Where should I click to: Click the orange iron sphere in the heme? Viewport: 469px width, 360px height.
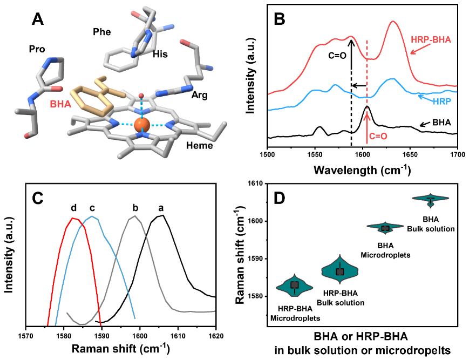pyautogui.click(x=142, y=125)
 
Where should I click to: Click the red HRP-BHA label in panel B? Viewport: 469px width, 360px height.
pyautogui.click(x=431, y=39)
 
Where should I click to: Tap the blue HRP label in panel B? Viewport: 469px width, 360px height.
pyautogui.click(x=443, y=100)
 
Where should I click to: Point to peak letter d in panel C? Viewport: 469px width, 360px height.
pyautogui.click(x=74, y=207)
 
